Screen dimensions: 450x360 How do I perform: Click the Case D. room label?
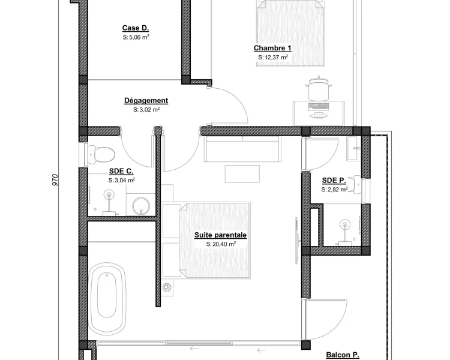click(x=136, y=28)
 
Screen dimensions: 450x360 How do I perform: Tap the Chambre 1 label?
click(x=272, y=48)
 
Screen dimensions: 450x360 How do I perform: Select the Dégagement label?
click(x=146, y=101)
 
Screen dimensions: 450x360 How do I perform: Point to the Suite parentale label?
click(x=220, y=235)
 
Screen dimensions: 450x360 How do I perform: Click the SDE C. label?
click(x=121, y=172)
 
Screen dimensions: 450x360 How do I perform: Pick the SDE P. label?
click(x=334, y=181)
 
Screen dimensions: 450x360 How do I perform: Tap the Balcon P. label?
click(x=343, y=355)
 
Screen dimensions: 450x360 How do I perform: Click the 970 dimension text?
click(x=55, y=180)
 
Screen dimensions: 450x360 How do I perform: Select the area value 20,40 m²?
click(x=221, y=244)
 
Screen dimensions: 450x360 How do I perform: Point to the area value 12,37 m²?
click(x=273, y=57)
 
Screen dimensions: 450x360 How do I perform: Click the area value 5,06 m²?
click(x=136, y=37)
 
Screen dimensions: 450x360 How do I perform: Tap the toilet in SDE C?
click(x=100, y=154)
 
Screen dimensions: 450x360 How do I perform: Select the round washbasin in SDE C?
click(x=141, y=205)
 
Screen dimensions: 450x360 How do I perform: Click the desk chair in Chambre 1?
click(x=319, y=88)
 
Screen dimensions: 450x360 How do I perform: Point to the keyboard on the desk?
click(x=319, y=107)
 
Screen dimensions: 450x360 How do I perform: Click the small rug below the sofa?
click(x=242, y=173)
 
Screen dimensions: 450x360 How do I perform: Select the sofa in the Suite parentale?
click(x=242, y=149)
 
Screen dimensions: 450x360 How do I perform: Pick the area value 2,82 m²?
click(x=334, y=190)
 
